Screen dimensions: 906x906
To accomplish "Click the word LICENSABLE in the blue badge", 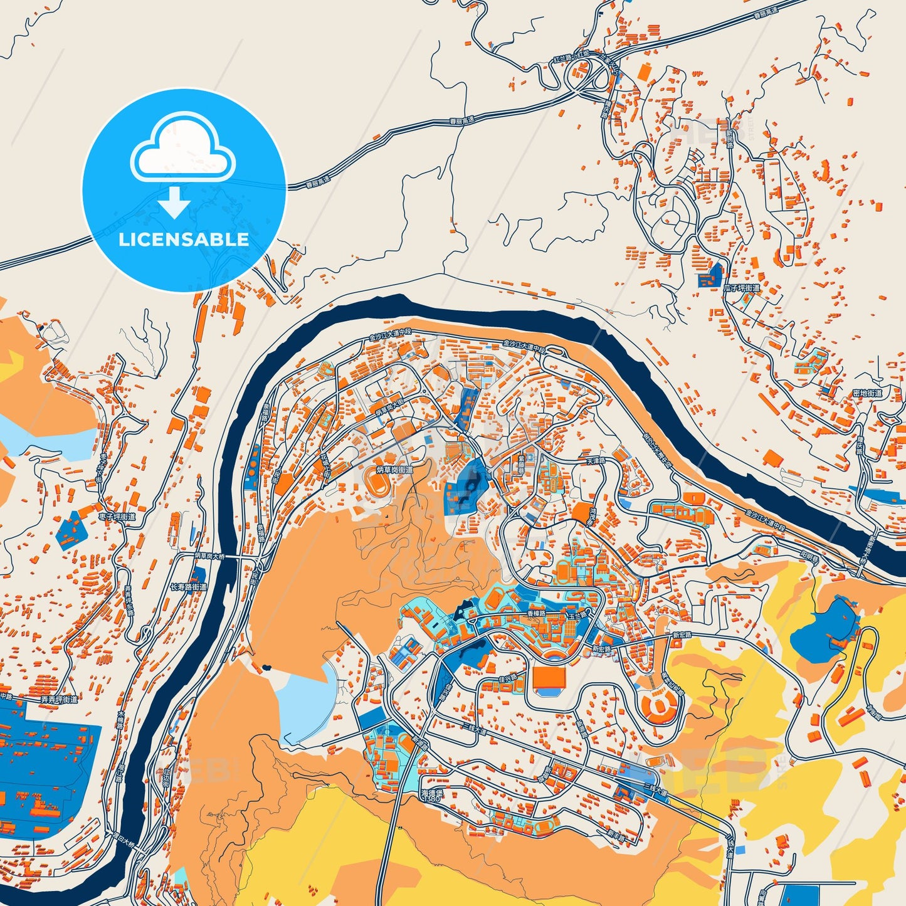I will pos(184,240).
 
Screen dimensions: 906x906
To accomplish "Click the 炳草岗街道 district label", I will pos(394,470).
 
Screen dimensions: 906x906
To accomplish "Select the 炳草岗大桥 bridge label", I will pos(209,556).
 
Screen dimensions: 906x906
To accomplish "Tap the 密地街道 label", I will pos(867,393).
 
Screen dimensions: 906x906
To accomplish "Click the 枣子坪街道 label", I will pos(117,517).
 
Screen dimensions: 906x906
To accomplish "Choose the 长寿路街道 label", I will pos(188,587).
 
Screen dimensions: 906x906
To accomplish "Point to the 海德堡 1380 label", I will pos(433,796).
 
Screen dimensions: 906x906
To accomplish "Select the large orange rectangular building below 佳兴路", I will pos(549,677).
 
